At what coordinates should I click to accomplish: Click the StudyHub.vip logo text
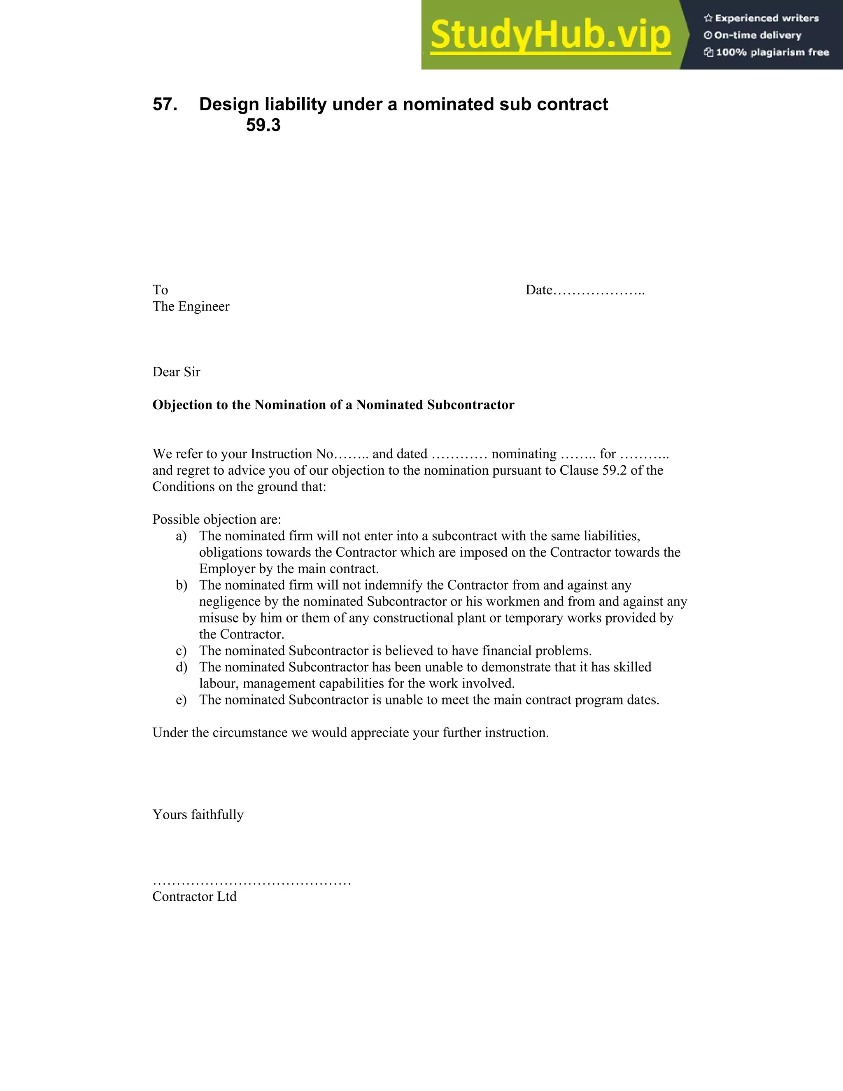(550, 35)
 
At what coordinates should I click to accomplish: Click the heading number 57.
(165, 105)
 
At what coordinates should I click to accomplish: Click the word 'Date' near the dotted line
(538, 290)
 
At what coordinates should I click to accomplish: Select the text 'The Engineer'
(191, 307)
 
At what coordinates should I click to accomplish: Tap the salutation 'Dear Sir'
(176, 372)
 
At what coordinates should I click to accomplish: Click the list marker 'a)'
(181, 536)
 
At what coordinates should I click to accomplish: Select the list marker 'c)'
(181, 651)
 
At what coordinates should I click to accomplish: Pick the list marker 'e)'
(181, 700)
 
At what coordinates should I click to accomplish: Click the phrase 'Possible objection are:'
(217, 520)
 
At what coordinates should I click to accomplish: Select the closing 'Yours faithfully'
(198, 815)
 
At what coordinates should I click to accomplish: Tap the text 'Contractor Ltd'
(194, 897)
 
